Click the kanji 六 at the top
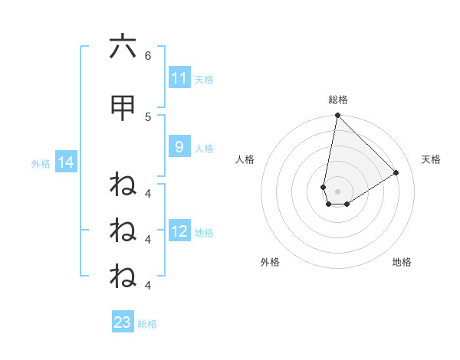click(123, 47)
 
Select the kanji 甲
click(123, 109)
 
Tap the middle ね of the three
click(123, 230)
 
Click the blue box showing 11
click(179, 78)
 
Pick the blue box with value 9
click(179, 147)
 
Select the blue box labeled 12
click(179, 231)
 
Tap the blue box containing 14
click(65, 162)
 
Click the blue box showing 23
click(123, 322)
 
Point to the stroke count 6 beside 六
click(148, 55)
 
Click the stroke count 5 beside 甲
click(148, 116)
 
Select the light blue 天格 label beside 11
click(204, 79)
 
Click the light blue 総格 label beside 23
click(147, 323)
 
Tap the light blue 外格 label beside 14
click(41, 163)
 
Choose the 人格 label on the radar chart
click(245, 159)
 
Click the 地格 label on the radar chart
click(402, 262)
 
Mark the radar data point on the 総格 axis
click(337, 116)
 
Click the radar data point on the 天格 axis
click(396, 173)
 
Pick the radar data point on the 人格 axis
click(324, 187)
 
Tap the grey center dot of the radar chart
click(337, 191)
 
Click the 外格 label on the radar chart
click(270, 262)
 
